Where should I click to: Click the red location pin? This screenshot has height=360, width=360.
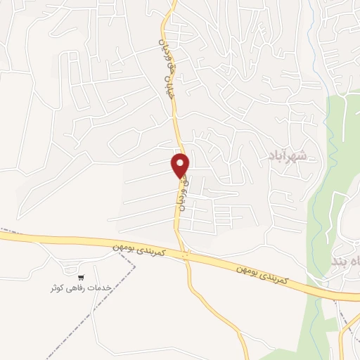tap(181, 165)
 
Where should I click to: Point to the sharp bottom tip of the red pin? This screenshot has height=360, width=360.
tap(181, 177)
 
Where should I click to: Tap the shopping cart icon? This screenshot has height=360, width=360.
tap(82, 278)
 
